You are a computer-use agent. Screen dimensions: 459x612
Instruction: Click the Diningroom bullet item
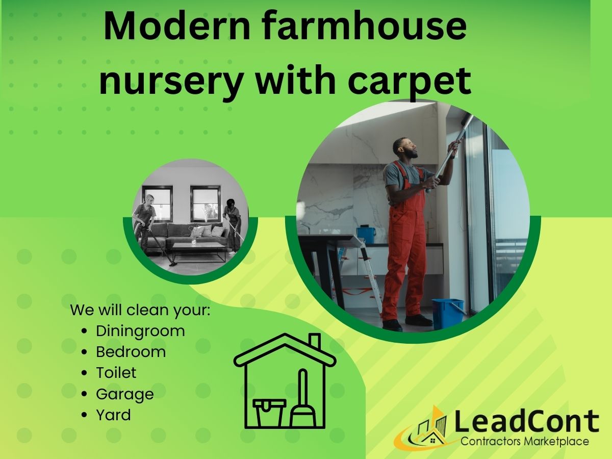140,331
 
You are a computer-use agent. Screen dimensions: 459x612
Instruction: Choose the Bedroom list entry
131,352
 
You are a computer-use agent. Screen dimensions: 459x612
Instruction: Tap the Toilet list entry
116,373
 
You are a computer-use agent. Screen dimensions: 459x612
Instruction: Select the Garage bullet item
124,394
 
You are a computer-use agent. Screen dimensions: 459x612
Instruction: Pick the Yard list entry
113,415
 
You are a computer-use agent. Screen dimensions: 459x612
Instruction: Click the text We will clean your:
140,310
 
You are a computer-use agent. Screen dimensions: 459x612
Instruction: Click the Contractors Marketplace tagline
525,442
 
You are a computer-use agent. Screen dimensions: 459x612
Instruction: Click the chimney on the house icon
315,342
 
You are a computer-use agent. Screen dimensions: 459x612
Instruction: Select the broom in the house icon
303,403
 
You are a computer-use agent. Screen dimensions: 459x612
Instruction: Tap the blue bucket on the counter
366,235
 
